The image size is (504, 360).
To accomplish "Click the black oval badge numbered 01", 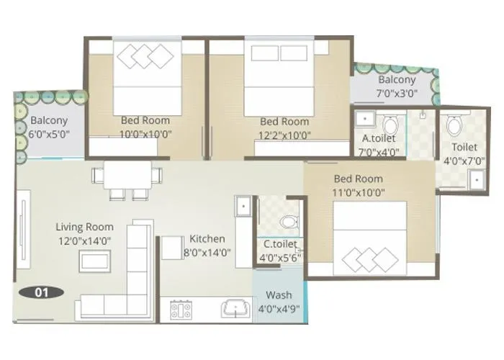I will point(42,292).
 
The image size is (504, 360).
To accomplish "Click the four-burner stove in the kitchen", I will point(180,311).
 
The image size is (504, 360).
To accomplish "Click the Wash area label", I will point(279,295).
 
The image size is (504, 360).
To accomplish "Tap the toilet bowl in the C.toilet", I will point(289,220).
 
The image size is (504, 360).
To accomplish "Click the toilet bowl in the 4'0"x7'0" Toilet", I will point(454,127).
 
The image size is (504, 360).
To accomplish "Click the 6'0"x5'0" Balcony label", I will point(49,133).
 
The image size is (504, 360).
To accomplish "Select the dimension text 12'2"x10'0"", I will point(284,134).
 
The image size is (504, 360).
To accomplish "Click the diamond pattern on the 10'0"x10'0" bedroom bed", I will point(145,55).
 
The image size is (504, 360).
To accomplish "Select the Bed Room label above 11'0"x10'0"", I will point(359,179).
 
